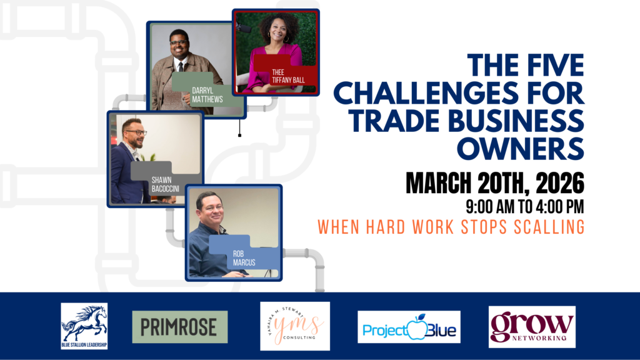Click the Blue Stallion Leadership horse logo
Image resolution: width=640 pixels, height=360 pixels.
84,326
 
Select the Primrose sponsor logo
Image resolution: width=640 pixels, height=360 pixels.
180,327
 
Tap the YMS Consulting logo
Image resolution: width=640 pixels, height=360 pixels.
295,326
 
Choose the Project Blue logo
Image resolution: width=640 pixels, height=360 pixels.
409,327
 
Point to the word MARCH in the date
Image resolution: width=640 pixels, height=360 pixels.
440,183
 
